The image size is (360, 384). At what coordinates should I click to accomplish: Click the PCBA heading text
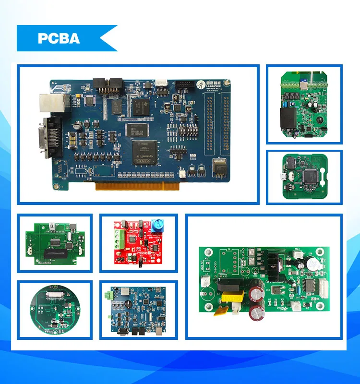[x=59, y=38]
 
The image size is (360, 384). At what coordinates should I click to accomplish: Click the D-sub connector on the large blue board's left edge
[x=51, y=136]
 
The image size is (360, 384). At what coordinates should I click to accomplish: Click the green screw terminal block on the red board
[x=118, y=238]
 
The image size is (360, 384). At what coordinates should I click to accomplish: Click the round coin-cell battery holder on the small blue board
[x=128, y=304]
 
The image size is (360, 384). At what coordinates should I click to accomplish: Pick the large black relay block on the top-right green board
[x=289, y=117]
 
